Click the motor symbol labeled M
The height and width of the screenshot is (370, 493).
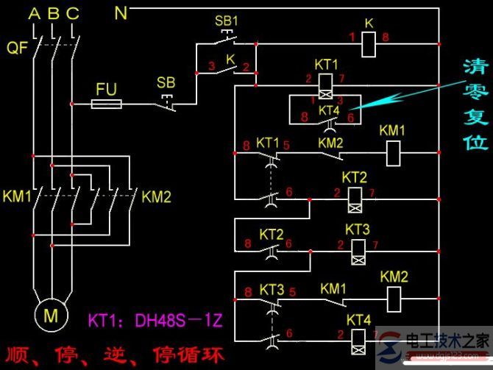52,315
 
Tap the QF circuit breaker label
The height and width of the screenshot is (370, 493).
17,48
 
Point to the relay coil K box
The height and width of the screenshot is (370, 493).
370,44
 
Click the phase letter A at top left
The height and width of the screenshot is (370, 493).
34,13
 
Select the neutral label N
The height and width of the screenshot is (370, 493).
121,13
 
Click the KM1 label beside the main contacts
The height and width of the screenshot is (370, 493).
18,197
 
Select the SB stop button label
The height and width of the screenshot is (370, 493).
166,82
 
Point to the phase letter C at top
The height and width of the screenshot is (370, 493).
72,13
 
